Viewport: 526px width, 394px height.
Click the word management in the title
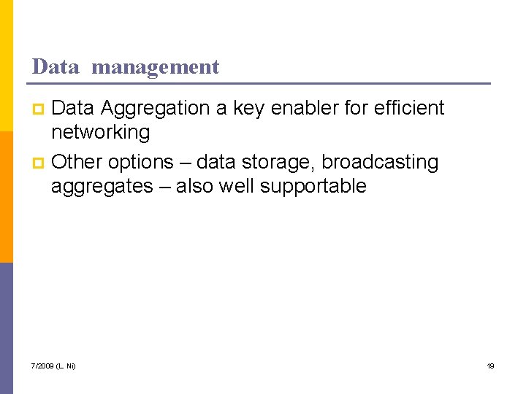click(156, 67)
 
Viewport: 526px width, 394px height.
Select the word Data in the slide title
click(56, 67)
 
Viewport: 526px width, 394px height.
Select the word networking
click(100, 133)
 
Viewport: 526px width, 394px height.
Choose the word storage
click(278, 162)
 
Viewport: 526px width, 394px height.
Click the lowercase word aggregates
click(102, 187)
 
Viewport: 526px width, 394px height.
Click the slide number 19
click(491, 366)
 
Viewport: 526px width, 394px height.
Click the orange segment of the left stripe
click(7, 197)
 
